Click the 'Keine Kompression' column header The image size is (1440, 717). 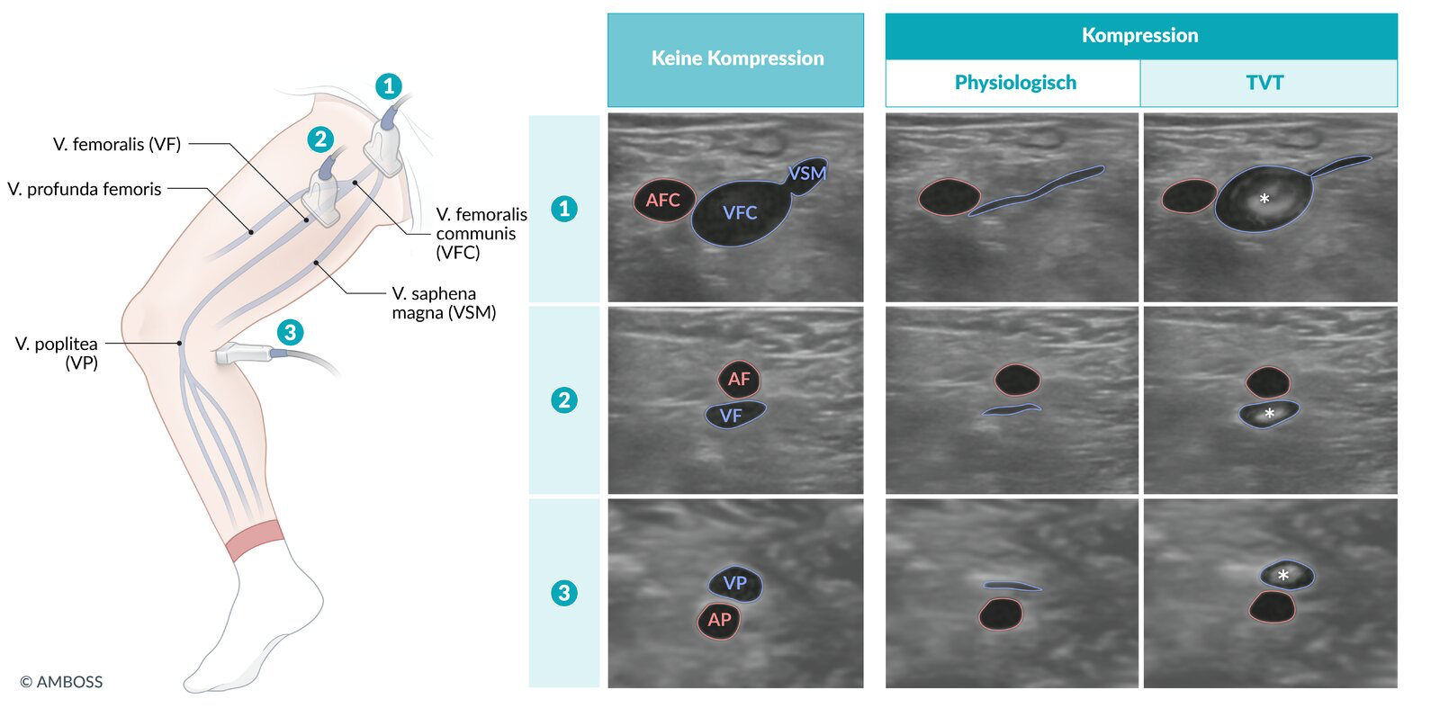(737, 58)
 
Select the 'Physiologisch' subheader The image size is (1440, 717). (1015, 83)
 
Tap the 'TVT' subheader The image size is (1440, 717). (1264, 83)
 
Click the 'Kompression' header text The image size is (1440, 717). (1139, 36)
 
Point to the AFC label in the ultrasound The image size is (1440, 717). (662, 201)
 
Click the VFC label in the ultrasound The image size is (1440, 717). (740, 213)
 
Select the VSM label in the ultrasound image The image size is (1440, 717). (806, 174)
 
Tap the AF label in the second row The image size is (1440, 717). (739, 380)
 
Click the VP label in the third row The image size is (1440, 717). (734, 583)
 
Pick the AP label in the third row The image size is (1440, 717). (719, 620)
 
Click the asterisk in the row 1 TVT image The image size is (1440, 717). (1264, 200)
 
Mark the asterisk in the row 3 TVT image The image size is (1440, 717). (1283, 576)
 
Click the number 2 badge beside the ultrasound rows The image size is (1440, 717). (564, 400)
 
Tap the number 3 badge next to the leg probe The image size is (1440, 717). (290, 332)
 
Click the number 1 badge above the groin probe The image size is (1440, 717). (388, 86)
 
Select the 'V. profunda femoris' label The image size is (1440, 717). (85, 189)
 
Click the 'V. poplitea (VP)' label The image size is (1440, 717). (57, 353)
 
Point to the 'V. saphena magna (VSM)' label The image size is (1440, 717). (444, 303)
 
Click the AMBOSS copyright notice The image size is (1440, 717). (61, 682)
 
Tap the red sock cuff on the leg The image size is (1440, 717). (255, 541)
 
